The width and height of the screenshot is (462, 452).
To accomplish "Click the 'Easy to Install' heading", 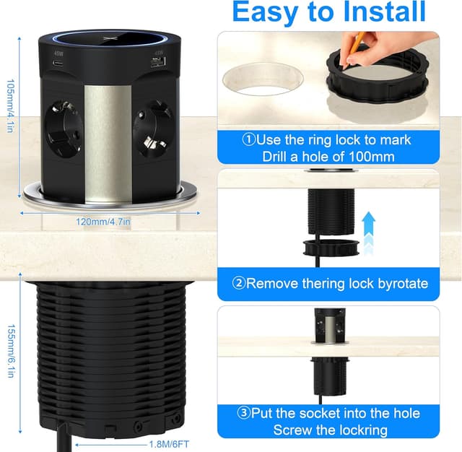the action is (329, 12).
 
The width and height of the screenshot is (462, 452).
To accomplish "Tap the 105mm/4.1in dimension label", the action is (10, 106).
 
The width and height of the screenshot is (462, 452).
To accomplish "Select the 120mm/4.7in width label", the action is (103, 222).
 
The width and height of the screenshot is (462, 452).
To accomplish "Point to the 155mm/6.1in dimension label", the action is (11, 351).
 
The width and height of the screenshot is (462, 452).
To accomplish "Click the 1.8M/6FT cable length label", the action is (169, 444).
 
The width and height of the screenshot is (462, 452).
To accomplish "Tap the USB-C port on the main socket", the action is (58, 63).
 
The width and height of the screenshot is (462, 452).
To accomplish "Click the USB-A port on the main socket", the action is (159, 62).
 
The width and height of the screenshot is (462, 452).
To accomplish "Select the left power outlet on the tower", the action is (63, 129).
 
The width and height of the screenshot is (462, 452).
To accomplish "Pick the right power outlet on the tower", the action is (152, 129).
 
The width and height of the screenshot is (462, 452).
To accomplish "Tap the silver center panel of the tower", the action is (108, 144).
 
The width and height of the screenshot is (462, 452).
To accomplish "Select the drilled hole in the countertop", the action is (263, 79).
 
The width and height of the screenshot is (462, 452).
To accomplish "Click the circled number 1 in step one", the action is (249, 139).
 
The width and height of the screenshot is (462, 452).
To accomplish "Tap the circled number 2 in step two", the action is (239, 284).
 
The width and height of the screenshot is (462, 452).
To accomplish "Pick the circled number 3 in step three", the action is (243, 413).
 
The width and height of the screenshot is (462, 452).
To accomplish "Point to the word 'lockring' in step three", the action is (359, 430).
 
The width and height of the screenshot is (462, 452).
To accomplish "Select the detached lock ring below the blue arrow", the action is (331, 247).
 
